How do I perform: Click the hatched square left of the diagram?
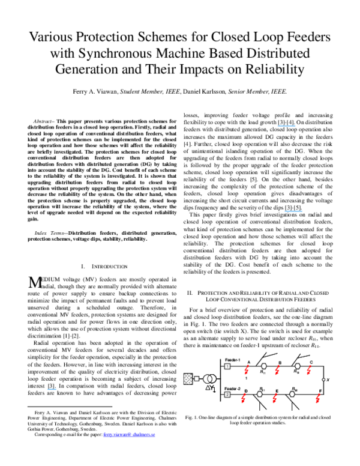188,379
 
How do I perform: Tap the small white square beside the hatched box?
197,379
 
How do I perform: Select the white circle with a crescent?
208,379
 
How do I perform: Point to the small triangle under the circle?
208,388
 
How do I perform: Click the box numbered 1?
227,366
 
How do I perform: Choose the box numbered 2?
227,395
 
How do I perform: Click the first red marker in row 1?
247,370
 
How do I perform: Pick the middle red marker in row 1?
277,371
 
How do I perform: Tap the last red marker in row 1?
309,371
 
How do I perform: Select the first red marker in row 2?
243,399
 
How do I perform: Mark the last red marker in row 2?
318,399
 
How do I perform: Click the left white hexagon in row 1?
264,366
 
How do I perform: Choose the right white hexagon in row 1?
298,366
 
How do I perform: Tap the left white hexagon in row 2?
260,394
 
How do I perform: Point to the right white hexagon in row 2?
292,394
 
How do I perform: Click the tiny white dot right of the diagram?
323,380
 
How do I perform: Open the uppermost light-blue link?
286,126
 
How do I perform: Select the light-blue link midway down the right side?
293,211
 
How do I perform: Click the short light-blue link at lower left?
52,390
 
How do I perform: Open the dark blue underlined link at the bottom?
129,435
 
